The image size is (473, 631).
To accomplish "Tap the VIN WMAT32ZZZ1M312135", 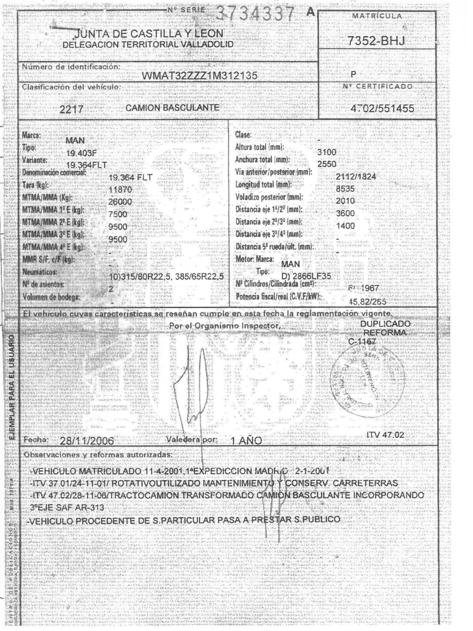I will point(199,75).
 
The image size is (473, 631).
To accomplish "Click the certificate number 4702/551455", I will point(382,109).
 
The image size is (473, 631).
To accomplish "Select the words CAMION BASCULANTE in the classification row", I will point(172,108).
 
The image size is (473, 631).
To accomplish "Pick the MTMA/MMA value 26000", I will point(120,202).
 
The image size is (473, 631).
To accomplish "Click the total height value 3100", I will point(327,152).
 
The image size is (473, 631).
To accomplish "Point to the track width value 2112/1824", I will point(355,177).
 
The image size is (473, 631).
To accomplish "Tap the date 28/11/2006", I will point(87,441).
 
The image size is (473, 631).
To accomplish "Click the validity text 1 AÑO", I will point(246,441).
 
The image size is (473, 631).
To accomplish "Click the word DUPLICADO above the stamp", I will point(385,324).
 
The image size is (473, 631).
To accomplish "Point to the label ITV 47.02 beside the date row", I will point(385,435).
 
